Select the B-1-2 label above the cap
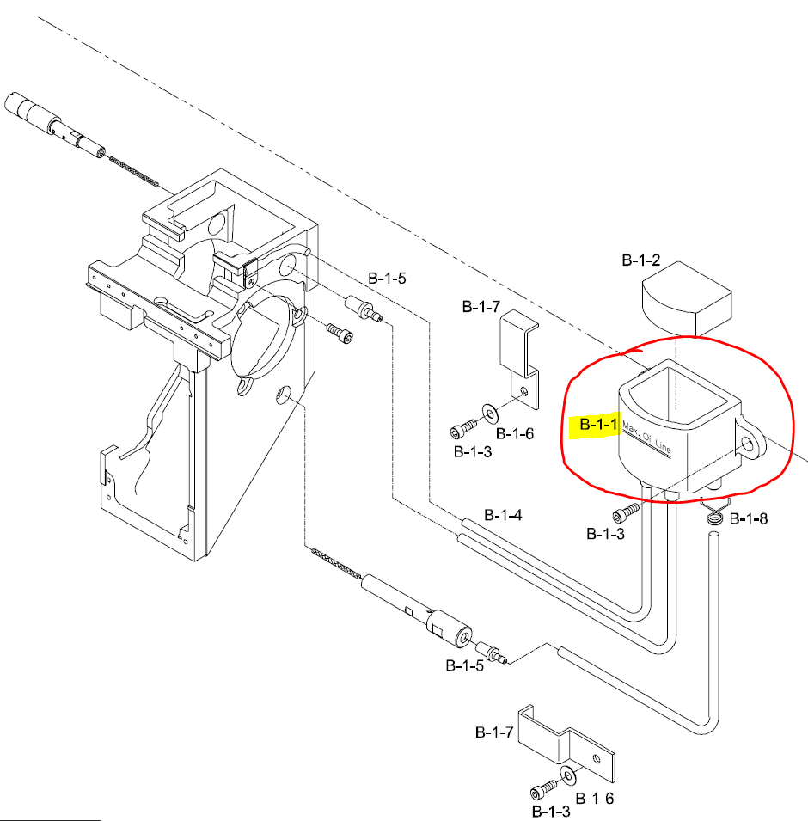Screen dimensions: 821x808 tap(641, 260)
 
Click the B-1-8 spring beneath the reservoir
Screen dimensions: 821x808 tap(714, 513)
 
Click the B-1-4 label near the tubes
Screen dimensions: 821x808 tap(503, 515)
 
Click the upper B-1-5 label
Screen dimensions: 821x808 tap(387, 279)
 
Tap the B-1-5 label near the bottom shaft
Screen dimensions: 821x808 tap(464, 665)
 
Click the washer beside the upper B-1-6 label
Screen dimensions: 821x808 tap(489, 415)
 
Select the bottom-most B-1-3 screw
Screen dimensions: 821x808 tap(540, 790)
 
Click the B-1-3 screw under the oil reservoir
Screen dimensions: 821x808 tap(626, 513)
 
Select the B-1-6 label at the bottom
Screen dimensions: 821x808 tap(594, 799)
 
